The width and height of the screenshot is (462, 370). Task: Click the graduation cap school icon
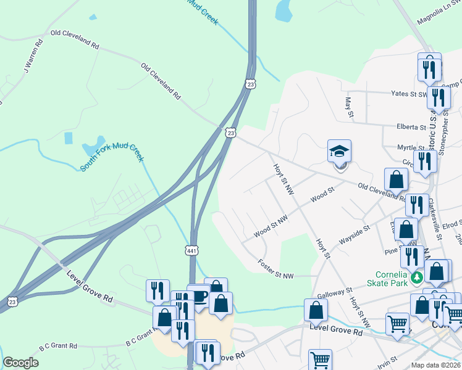click(338, 151)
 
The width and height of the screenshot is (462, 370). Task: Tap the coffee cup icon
click(199, 296)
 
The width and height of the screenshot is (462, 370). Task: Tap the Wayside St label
click(354, 235)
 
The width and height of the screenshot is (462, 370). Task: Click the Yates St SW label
click(409, 94)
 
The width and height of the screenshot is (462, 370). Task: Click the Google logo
click(20, 363)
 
